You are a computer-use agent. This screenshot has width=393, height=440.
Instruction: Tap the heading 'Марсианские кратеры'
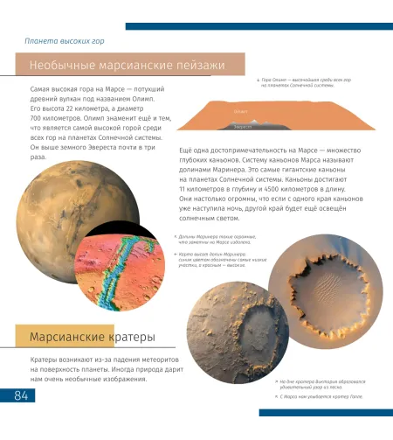coord(93,337)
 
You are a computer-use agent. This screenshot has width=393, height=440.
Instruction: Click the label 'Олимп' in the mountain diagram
coord(241,111)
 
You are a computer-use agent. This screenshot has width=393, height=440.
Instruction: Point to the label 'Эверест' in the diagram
coord(243,127)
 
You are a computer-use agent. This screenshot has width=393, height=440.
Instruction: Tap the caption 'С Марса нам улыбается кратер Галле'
coord(320,396)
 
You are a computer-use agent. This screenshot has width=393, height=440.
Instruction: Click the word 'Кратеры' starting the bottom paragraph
coord(45,360)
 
